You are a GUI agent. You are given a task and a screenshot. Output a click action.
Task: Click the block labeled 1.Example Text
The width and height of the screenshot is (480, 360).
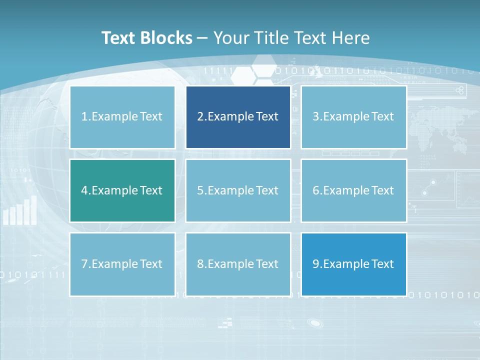122,117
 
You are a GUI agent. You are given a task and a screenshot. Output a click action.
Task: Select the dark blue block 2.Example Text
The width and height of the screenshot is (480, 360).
238,117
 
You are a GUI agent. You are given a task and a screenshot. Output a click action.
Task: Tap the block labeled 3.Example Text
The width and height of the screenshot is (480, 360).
353,117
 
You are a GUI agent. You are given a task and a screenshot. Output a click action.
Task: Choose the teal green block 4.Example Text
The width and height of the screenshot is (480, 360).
122,190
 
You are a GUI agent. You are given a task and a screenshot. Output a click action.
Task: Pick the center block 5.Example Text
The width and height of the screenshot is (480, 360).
238,190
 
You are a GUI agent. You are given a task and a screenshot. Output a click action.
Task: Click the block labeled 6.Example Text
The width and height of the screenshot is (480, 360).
353,190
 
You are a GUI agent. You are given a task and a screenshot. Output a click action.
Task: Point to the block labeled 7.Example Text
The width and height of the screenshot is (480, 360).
122,264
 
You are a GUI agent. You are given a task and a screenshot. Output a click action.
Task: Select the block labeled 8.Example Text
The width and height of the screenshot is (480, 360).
238,264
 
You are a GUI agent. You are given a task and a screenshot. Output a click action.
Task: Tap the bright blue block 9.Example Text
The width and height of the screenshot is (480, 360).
353,264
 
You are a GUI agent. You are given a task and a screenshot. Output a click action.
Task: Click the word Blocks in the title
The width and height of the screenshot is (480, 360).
167,38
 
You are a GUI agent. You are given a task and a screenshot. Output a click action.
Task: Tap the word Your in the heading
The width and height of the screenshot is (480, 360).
231,38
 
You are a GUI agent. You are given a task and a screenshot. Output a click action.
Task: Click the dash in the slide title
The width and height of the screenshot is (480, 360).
202,38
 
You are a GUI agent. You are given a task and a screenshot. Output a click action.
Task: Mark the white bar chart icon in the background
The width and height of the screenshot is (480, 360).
20,211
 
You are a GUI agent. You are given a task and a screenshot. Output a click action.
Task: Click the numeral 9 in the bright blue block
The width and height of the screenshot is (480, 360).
316,264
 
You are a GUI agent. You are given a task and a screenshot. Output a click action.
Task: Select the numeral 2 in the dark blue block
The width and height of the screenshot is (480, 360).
200,117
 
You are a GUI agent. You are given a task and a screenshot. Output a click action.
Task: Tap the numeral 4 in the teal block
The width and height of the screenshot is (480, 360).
84,190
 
